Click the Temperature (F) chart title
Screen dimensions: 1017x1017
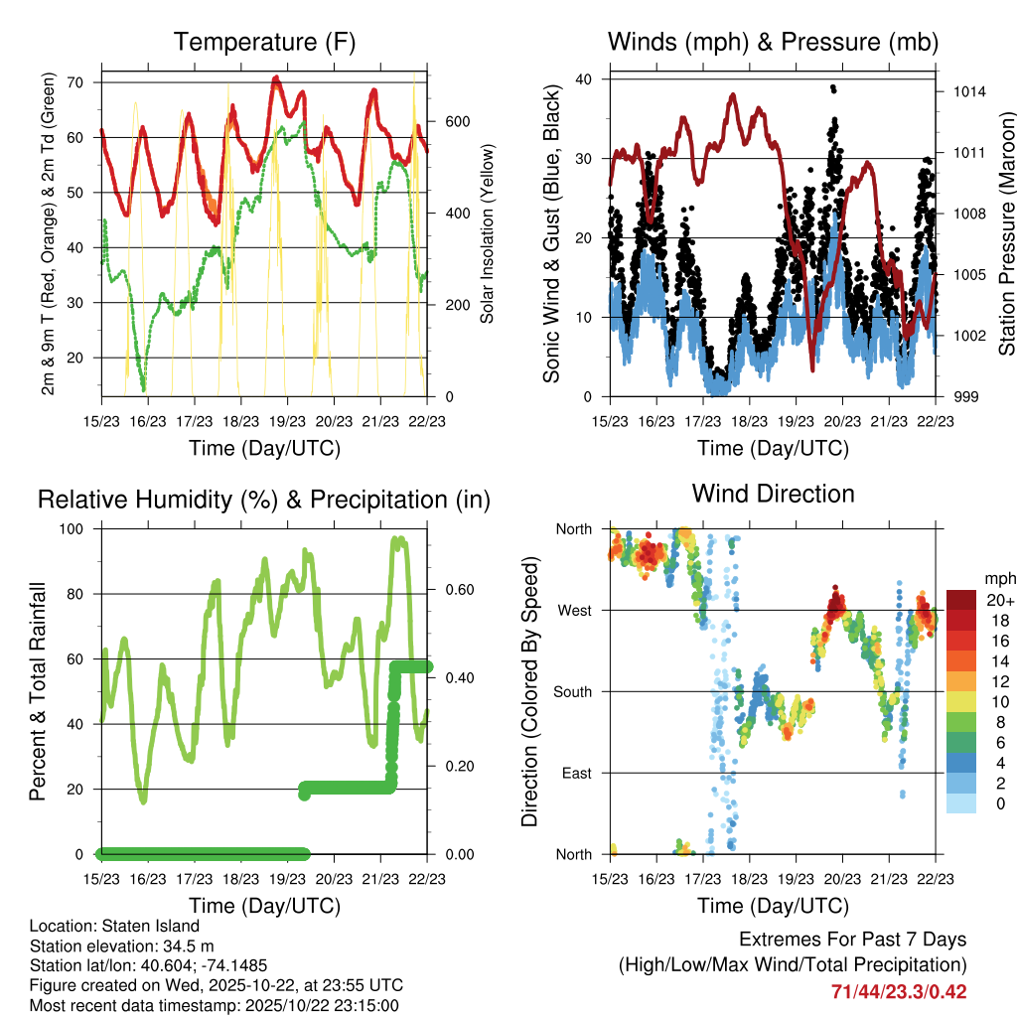pos(264,42)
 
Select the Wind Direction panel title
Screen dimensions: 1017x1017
pos(773,493)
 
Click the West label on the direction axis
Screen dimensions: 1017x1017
pos(575,610)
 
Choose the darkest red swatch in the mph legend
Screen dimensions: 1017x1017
pos(960,600)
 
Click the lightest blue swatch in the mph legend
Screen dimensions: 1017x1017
pos(960,803)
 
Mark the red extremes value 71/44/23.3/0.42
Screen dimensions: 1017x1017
pos(899,991)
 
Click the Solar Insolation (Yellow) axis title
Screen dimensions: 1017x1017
pos(487,234)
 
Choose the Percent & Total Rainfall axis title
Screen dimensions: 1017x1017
pos(38,691)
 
